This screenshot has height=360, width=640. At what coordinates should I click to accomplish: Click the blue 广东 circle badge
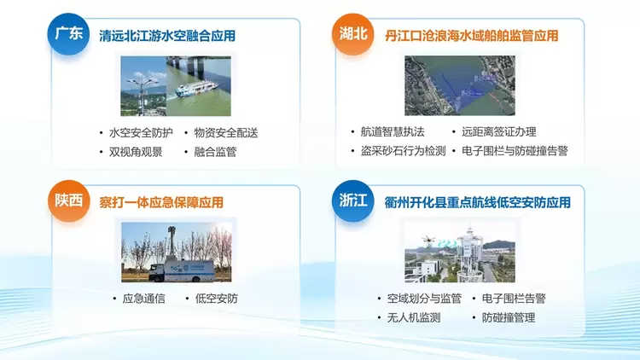click(x=68, y=34)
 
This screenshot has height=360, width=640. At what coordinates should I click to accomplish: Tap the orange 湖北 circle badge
click(x=352, y=34)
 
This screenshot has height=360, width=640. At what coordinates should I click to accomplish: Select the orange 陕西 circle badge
click(x=68, y=200)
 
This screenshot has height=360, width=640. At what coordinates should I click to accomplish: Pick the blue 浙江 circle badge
click(x=352, y=200)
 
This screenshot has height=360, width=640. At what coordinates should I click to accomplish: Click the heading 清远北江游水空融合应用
click(x=167, y=36)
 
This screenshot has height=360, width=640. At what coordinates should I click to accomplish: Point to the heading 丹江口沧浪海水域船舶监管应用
click(x=471, y=36)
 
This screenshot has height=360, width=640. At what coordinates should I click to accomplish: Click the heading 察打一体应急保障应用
click(x=161, y=202)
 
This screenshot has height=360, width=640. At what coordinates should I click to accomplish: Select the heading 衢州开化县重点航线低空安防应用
click(x=477, y=202)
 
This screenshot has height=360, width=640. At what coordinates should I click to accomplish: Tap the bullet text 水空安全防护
click(x=141, y=132)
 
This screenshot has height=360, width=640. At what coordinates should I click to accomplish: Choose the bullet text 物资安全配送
click(x=226, y=132)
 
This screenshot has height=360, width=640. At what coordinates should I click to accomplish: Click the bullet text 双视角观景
click(x=136, y=152)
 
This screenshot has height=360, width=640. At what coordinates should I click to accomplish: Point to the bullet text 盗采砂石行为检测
click(x=403, y=151)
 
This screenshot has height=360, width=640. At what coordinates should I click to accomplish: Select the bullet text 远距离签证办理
click(x=499, y=132)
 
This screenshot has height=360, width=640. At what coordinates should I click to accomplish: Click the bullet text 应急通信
click(x=143, y=299)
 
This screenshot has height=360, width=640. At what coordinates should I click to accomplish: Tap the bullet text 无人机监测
click(x=414, y=317)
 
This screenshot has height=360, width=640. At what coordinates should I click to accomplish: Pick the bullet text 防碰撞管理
click(x=509, y=317)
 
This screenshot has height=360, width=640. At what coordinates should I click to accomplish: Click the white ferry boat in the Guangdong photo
click(x=197, y=90)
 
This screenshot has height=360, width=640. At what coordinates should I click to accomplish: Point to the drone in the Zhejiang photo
click(x=428, y=241)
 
